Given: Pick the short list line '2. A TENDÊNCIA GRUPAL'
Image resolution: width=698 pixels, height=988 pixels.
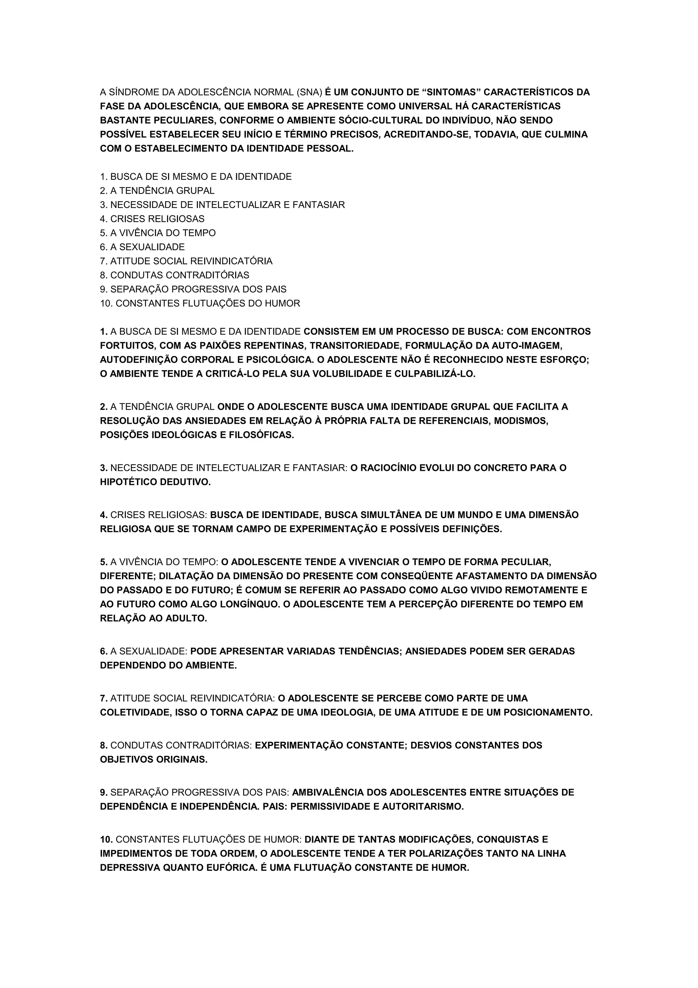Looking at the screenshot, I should click(x=157, y=191).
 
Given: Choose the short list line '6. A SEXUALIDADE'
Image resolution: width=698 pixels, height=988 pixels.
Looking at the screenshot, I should click(x=142, y=247).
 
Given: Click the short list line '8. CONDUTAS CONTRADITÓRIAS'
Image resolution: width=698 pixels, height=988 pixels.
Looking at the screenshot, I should click(x=174, y=275).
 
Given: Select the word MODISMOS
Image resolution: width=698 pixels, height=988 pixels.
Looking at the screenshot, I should click(x=521, y=420).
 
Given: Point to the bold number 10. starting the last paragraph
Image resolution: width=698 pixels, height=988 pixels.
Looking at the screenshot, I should click(x=106, y=839).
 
